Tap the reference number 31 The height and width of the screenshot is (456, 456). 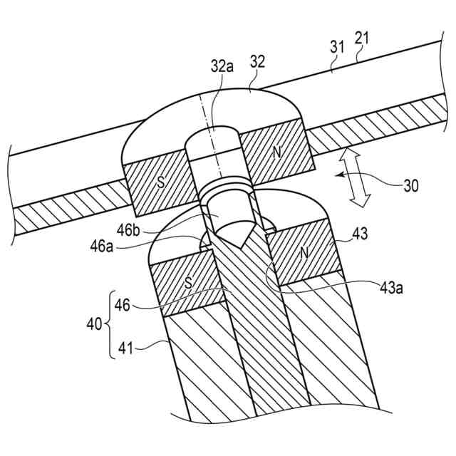coord(338,48)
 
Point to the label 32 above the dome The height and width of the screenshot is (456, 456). coord(257,62)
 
